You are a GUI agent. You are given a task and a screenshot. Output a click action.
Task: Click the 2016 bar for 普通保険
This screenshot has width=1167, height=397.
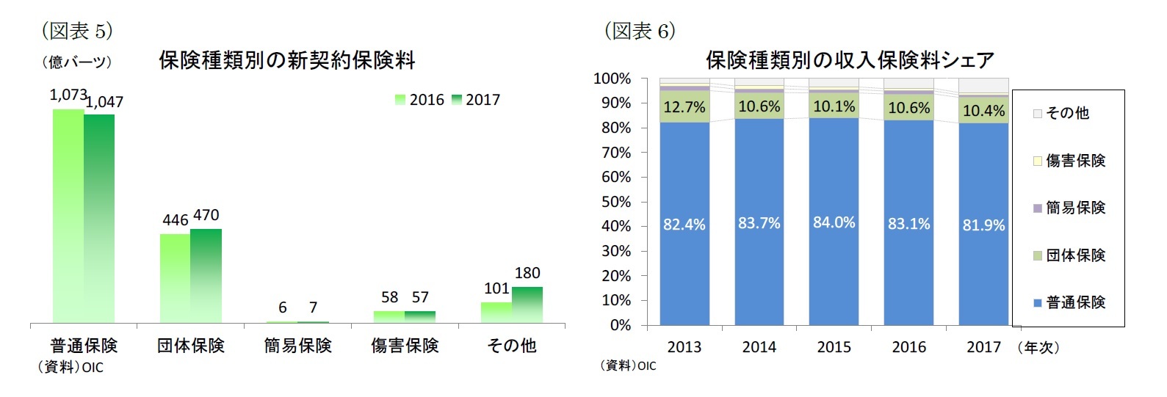tap(68, 216)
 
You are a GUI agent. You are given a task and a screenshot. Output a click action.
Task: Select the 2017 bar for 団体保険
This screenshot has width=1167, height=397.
tap(206, 275)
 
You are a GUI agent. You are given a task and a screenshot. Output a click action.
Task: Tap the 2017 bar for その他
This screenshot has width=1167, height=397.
tap(527, 305)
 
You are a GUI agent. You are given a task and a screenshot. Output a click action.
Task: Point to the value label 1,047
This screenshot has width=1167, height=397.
tap(105, 102)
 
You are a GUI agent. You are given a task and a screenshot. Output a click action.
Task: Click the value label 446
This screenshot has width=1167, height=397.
tap(176, 220)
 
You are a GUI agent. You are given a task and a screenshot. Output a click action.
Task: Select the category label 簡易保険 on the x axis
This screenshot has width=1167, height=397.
tap(297, 345)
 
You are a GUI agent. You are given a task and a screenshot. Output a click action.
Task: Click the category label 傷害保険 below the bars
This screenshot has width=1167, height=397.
tap(405, 345)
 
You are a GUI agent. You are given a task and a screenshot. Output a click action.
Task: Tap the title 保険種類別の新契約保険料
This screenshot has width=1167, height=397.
tap(287, 60)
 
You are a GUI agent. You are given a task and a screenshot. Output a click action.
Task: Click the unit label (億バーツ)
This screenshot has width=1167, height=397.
tap(77, 62)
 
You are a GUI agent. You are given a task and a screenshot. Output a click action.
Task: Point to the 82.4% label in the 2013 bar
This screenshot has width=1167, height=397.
tap(684, 225)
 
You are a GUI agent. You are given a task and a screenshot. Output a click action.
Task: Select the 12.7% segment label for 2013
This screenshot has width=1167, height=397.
tap(684, 107)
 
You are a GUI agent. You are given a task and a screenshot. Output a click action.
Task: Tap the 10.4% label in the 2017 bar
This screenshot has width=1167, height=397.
tap(983, 111)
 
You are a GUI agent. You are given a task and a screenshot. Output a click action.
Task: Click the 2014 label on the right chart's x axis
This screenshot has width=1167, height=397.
tap(759, 346)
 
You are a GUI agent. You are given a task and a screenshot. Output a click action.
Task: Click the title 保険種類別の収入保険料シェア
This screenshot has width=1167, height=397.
tap(850, 60)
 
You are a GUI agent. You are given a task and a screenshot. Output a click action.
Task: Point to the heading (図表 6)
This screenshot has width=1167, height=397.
tap(639, 31)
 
